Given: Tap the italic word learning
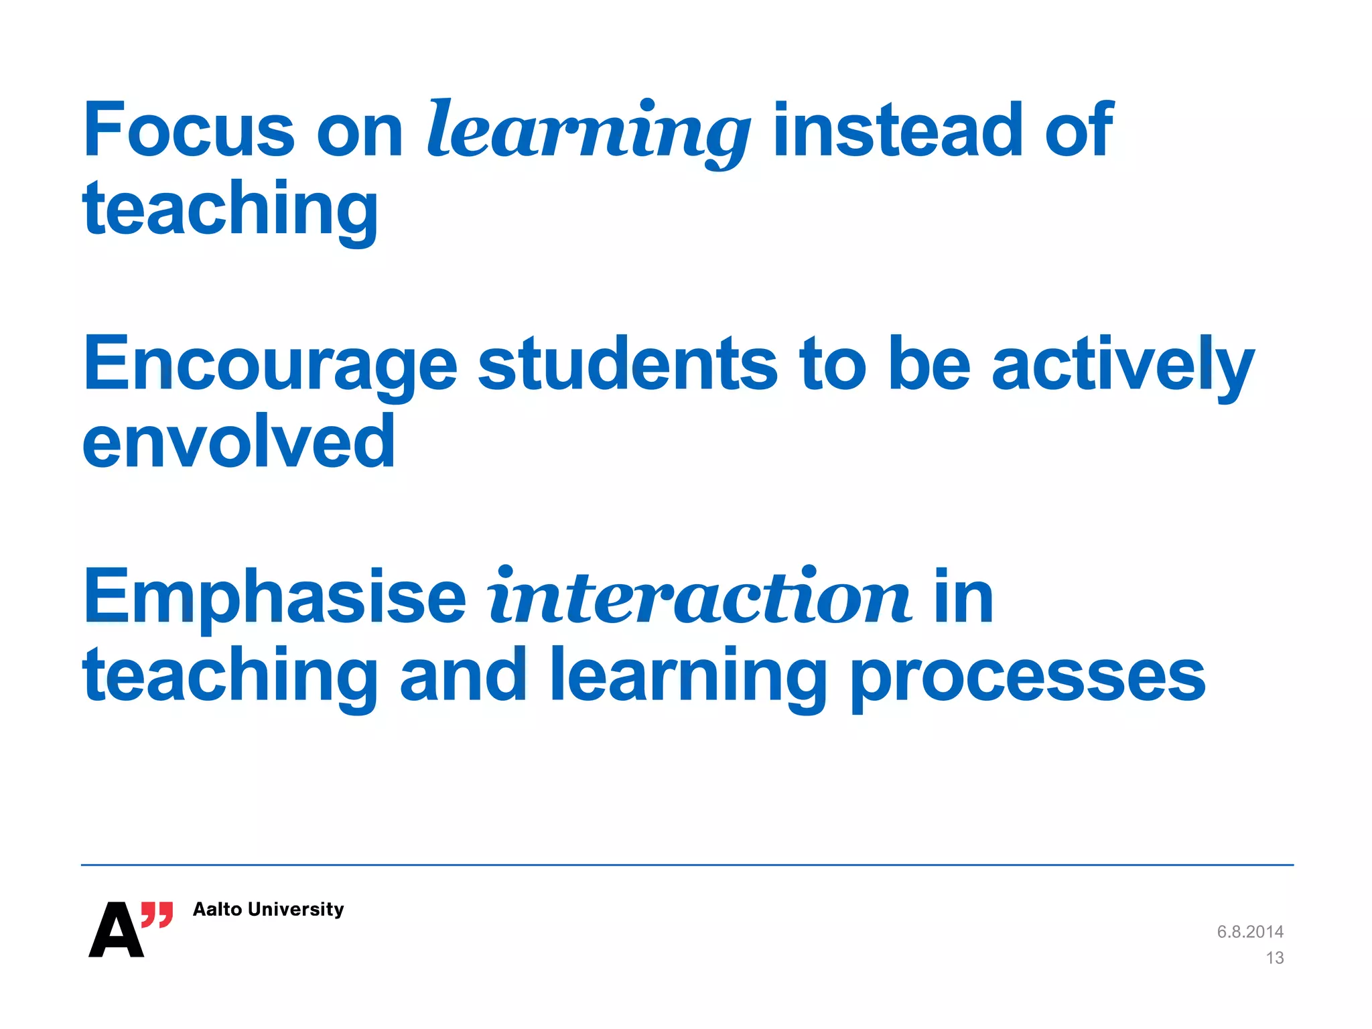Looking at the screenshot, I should click(x=588, y=131).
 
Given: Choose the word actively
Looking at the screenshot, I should click(x=1122, y=365).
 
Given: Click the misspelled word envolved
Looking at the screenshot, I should click(x=238, y=441).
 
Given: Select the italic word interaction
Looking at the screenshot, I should click(x=699, y=596).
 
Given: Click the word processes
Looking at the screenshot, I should click(x=1028, y=677).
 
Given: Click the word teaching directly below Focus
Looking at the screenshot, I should click(x=230, y=209).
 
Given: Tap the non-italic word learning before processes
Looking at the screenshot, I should click(x=688, y=677).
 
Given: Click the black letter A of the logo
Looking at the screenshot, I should click(x=115, y=931).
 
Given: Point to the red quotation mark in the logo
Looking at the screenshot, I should click(x=157, y=914).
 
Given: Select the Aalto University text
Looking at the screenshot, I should click(x=268, y=909).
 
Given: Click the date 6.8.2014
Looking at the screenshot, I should click(x=1249, y=932).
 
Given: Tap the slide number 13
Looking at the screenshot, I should click(x=1274, y=958).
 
